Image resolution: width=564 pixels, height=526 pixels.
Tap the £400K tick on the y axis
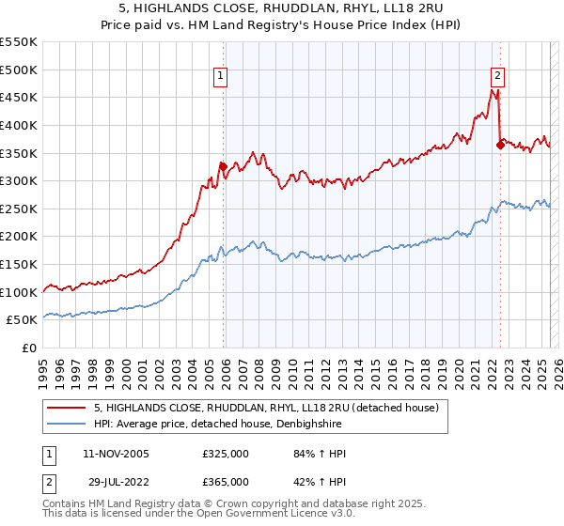tap(19, 125)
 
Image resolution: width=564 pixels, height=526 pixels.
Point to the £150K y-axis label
tap(19, 264)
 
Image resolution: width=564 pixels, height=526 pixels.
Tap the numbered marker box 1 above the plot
tap(219, 77)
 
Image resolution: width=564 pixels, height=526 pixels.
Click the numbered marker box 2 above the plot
tap(496, 77)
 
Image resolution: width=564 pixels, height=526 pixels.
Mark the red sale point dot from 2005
tap(224, 166)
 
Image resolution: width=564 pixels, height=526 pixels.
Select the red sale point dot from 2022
tap(500, 145)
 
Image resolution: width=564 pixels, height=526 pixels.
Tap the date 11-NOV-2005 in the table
tap(117, 455)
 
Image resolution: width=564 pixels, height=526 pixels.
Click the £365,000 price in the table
tap(226, 481)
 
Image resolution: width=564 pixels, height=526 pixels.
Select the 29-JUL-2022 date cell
tap(115, 481)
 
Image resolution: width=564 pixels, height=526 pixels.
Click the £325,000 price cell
tap(226, 455)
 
